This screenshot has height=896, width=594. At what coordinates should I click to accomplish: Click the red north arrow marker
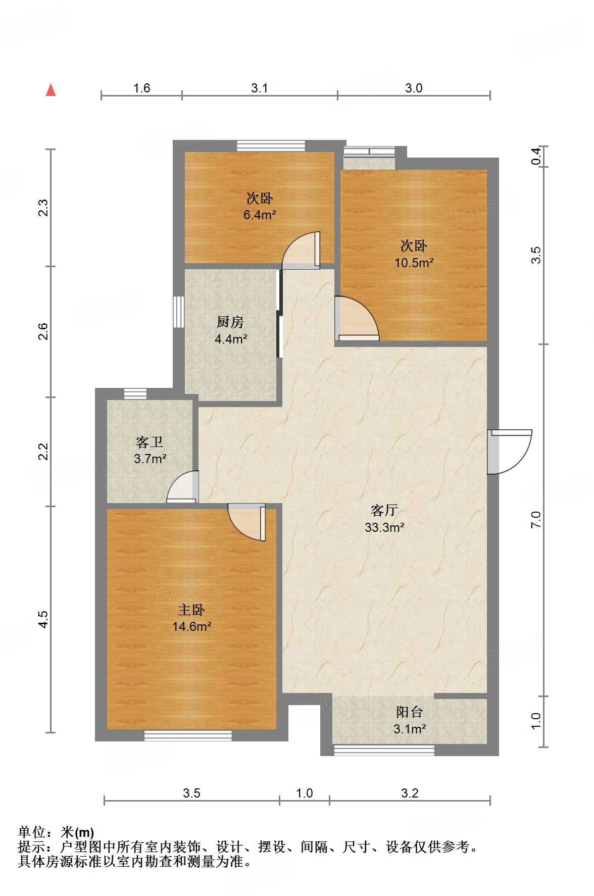[x=51, y=90]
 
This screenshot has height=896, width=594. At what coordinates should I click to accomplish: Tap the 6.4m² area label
[x=260, y=215]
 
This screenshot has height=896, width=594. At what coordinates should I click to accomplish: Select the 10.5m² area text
[x=414, y=263]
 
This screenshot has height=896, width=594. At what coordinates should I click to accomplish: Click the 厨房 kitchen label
[x=230, y=322]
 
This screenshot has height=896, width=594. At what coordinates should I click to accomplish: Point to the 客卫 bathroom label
[x=150, y=442]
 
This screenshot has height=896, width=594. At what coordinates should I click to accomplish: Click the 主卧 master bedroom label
[x=191, y=610]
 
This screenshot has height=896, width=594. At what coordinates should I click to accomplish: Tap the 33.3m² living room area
[x=384, y=527]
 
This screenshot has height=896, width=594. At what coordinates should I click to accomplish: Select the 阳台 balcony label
[x=409, y=712]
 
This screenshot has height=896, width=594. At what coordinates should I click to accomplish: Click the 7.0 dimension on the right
[x=536, y=520]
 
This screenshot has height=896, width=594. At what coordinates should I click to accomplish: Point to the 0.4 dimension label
[x=536, y=156]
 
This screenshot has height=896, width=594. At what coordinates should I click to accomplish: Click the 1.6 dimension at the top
[x=141, y=88]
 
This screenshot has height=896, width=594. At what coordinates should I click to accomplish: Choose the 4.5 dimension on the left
[x=43, y=619]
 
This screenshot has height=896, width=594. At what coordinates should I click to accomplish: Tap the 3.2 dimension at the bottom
[x=410, y=793]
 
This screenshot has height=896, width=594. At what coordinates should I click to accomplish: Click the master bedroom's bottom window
[x=188, y=735]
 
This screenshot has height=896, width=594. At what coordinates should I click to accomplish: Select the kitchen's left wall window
[x=178, y=312]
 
